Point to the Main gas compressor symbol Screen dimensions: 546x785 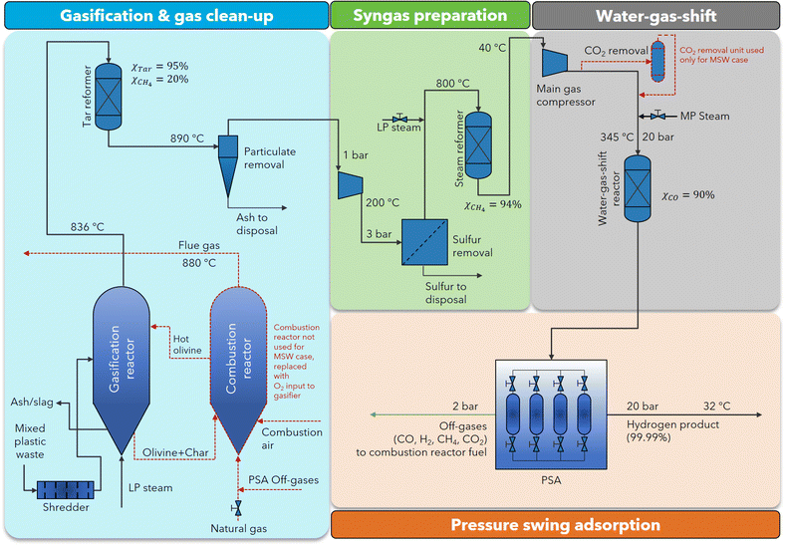(554, 64)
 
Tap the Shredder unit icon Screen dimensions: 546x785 (65, 489)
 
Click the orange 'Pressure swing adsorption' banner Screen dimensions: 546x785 (554, 525)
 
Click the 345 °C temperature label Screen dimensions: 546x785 (615, 136)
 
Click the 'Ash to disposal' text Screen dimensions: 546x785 (250, 224)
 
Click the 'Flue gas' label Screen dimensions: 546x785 (197, 245)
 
